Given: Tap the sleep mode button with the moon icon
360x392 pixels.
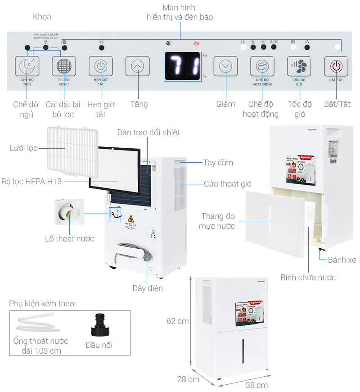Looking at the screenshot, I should [x=27, y=67].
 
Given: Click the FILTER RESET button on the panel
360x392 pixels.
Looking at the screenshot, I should [x=64, y=67].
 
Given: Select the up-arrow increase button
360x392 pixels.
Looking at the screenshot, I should [x=137, y=67].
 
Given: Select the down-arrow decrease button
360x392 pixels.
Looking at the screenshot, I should [x=225, y=67].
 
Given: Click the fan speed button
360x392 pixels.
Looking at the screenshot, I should [x=299, y=67].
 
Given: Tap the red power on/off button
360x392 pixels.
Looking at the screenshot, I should [x=336, y=67].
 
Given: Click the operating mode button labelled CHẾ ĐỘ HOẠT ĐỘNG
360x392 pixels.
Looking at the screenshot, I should [x=262, y=67].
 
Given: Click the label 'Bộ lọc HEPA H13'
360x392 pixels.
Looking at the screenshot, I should [x=31, y=182].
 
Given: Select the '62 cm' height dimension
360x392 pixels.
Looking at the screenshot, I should [x=177, y=321].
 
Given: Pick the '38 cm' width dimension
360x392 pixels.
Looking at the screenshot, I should [x=256, y=385].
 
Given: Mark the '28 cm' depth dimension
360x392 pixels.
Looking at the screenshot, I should [x=188, y=379].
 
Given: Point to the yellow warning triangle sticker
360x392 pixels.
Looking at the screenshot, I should [x=131, y=220].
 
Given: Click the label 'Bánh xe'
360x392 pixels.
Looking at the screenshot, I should [x=342, y=260].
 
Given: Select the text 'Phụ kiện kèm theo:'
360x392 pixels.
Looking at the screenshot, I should [x=42, y=304].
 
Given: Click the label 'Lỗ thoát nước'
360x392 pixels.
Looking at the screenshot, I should [x=70, y=239].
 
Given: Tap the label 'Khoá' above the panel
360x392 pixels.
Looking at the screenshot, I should [x=42, y=17].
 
